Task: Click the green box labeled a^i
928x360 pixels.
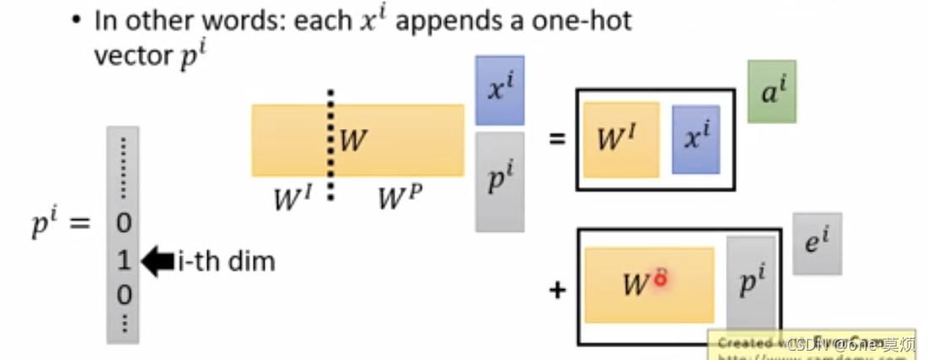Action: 771,91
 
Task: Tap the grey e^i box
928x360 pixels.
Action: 817,244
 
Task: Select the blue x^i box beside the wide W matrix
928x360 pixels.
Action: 500,91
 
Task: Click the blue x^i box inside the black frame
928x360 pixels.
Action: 695,139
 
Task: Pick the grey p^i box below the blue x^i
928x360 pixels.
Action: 500,181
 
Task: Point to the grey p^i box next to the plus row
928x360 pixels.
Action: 750,282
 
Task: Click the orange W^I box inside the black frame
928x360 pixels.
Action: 621,139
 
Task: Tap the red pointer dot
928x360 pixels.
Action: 661,278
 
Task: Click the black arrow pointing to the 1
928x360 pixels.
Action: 158,261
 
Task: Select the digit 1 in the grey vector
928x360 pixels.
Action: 123,261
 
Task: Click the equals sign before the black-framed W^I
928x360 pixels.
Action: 556,137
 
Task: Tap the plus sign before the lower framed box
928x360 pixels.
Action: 556,291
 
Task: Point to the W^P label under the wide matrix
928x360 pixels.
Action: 400,198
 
